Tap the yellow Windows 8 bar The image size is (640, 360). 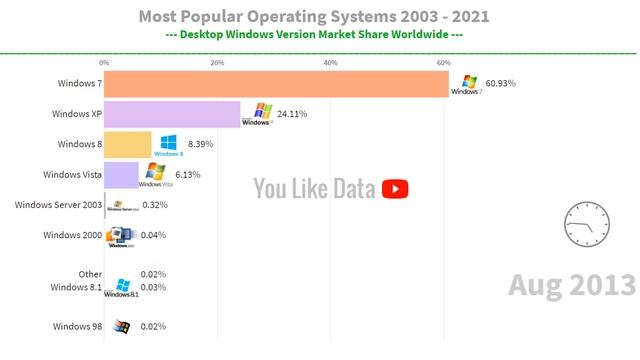(x=128, y=144)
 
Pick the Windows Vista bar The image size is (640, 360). (x=121, y=175)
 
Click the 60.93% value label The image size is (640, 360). (x=500, y=84)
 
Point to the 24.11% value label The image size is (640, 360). (x=292, y=114)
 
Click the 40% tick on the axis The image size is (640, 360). (x=331, y=63)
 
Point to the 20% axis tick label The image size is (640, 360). (x=217, y=63)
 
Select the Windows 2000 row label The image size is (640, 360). (x=71, y=235)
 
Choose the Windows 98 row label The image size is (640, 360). (x=75, y=326)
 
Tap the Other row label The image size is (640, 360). (x=90, y=274)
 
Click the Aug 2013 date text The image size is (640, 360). (x=570, y=285)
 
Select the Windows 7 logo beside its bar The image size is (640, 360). (x=466, y=85)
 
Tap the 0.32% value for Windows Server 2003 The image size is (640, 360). (x=154, y=205)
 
